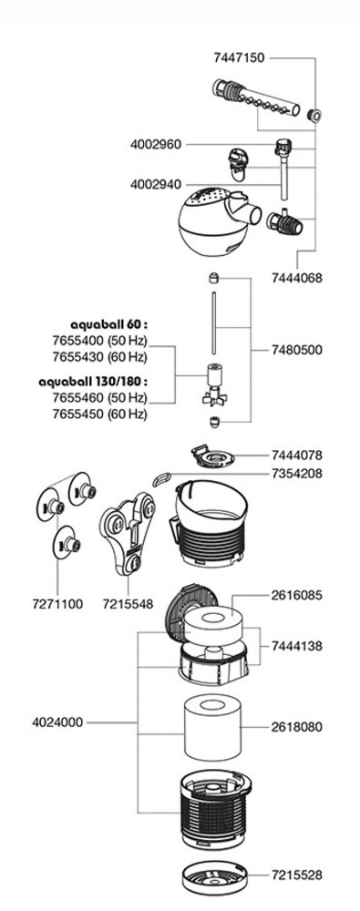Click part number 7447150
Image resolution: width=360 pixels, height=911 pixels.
(x=239, y=57)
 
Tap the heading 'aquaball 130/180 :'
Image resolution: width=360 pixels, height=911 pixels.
(x=93, y=381)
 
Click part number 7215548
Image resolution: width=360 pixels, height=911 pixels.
(x=129, y=603)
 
